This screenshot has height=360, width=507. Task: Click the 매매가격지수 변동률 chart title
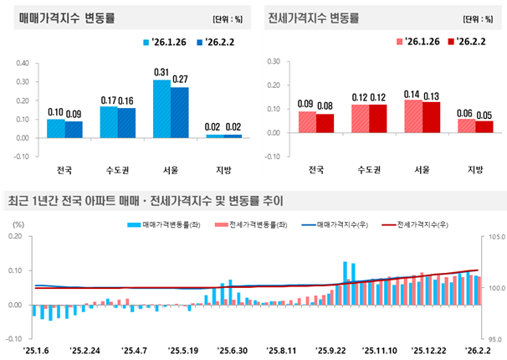72,18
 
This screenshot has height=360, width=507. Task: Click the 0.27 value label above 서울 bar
180,79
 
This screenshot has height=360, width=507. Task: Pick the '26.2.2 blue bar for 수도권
126,121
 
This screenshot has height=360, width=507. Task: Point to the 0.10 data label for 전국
56,111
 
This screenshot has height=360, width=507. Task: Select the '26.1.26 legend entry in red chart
411,42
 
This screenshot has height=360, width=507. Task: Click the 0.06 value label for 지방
466,112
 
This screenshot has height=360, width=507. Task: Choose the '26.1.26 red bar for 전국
307,121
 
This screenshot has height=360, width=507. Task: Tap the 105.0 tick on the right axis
494,237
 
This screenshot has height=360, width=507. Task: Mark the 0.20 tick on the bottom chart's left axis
15,237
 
